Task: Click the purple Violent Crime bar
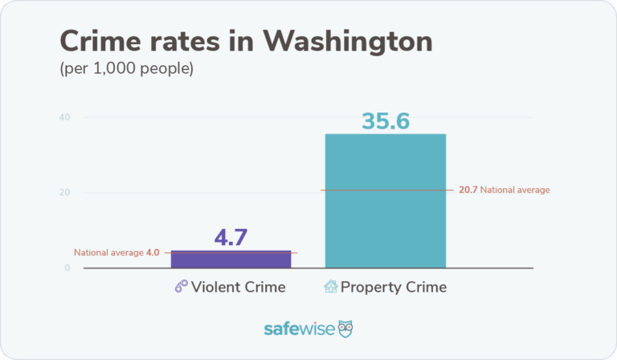pyautogui.click(x=231, y=260)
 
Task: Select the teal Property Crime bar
pyautogui.click(x=385, y=201)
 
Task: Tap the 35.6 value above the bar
pyautogui.click(x=385, y=121)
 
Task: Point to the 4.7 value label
pyautogui.click(x=231, y=238)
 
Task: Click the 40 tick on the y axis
pyautogui.click(x=63, y=117)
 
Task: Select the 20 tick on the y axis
pyautogui.click(x=63, y=193)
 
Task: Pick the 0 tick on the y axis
pyautogui.click(x=67, y=268)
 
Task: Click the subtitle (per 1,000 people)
pyautogui.click(x=126, y=68)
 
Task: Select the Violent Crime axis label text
pyautogui.click(x=239, y=287)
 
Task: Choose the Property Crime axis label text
pyautogui.click(x=393, y=287)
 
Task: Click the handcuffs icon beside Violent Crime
pyautogui.click(x=181, y=287)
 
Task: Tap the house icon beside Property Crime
pyautogui.click(x=330, y=286)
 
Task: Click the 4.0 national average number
pyautogui.click(x=153, y=252)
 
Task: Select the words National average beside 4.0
pyautogui.click(x=108, y=252)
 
